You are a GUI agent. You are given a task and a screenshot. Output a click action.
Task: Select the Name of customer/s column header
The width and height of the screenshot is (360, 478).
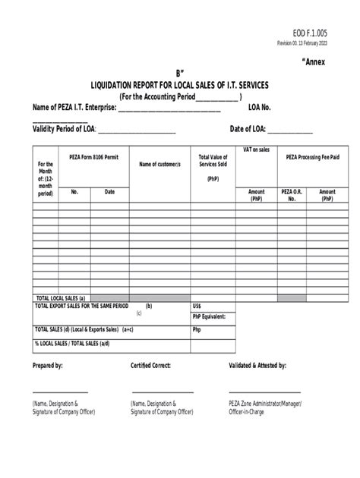click(159, 164)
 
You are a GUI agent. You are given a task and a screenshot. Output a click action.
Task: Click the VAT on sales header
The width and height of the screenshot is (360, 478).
click(257, 149)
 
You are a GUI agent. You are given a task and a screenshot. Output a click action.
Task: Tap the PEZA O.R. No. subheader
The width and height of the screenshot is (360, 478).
click(292, 195)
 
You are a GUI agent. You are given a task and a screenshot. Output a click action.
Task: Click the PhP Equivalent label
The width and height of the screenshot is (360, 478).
click(210, 316)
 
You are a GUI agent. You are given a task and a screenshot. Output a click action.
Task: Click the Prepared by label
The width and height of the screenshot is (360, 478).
click(47, 366)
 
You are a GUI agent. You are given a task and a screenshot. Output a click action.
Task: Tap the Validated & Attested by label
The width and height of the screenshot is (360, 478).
click(257, 366)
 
